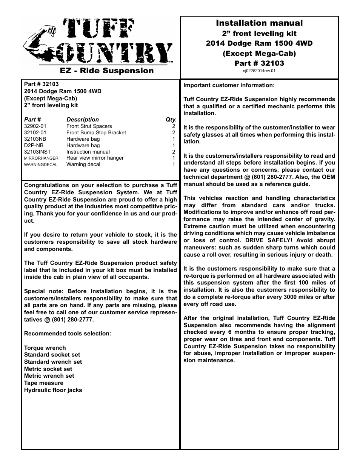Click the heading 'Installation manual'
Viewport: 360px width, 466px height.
click(x=259, y=23)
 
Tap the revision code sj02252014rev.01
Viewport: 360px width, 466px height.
click(x=259, y=71)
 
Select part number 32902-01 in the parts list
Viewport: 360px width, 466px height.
click(x=35, y=126)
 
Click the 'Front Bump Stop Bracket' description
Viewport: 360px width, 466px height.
click(x=96, y=133)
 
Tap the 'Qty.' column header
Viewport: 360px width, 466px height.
click(x=171, y=120)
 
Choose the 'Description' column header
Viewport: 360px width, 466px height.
click(x=82, y=120)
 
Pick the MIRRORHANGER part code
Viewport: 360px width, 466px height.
click(x=41, y=158)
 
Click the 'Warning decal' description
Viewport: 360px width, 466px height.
click(x=83, y=165)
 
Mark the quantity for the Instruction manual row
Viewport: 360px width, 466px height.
click(x=174, y=152)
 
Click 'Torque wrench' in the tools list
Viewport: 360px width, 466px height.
click(x=45, y=348)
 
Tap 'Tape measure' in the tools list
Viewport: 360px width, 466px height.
click(x=44, y=383)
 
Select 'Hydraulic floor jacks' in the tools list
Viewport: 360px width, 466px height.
click(x=53, y=390)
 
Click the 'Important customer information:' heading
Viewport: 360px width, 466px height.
click(x=229, y=85)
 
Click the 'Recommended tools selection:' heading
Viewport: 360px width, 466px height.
click(x=68, y=334)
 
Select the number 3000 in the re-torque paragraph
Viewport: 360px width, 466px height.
click(x=289, y=297)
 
